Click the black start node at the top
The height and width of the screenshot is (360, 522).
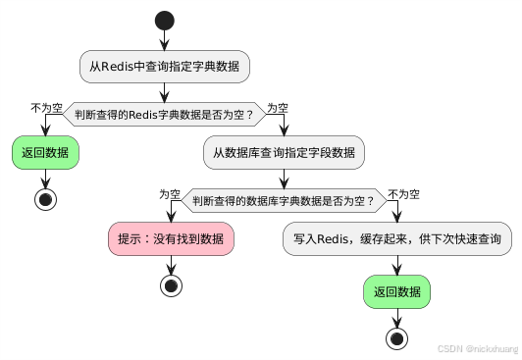pyautogui.click(x=165, y=21)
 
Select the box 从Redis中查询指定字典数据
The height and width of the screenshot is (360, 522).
pyautogui.click(x=165, y=67)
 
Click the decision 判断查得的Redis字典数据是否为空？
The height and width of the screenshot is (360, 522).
pyautogui.click(x=165, y=115)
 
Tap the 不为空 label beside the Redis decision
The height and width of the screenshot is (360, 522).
pyautogui.click(x=47, y=107)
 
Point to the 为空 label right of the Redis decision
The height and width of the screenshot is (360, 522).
pyautogui.click(x=279, y=107)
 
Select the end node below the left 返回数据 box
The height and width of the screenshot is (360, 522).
pyautogui.click(x=44, y=199)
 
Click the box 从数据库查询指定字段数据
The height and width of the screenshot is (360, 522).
pyautogui.click(x=285, y=154)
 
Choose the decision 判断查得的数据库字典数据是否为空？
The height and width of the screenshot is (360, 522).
pyautogui.click(x=285, y=202)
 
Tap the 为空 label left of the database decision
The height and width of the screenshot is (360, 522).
pyautogui.click(x=171, y=194)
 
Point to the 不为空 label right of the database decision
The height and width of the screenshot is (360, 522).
pyautogui.click(x=405, y=194)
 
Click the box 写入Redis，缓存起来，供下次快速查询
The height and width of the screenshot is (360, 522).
pyautogui.click(x=397, y=240)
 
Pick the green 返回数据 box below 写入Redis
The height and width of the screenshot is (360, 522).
pyautogui.click(x=397, y=291)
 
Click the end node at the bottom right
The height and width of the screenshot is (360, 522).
pyautogui.click(x=397, y=337)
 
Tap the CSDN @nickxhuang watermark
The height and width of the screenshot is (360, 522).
pyautogui.click(x=476, y=348)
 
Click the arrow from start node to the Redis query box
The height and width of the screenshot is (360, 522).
pyautogui.click(x=165, y=39)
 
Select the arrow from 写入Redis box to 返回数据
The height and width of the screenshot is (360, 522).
pyautogui.click(x=397, y=266)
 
